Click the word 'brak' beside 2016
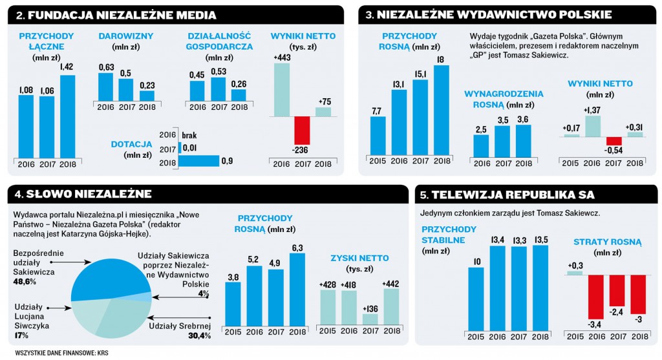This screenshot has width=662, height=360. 189,134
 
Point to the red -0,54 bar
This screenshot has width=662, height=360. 614,141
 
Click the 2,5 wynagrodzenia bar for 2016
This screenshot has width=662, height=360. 481,146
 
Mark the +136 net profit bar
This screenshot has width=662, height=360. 370,319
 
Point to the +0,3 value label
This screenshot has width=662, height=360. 575,266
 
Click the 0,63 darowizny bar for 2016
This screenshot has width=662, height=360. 107,87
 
